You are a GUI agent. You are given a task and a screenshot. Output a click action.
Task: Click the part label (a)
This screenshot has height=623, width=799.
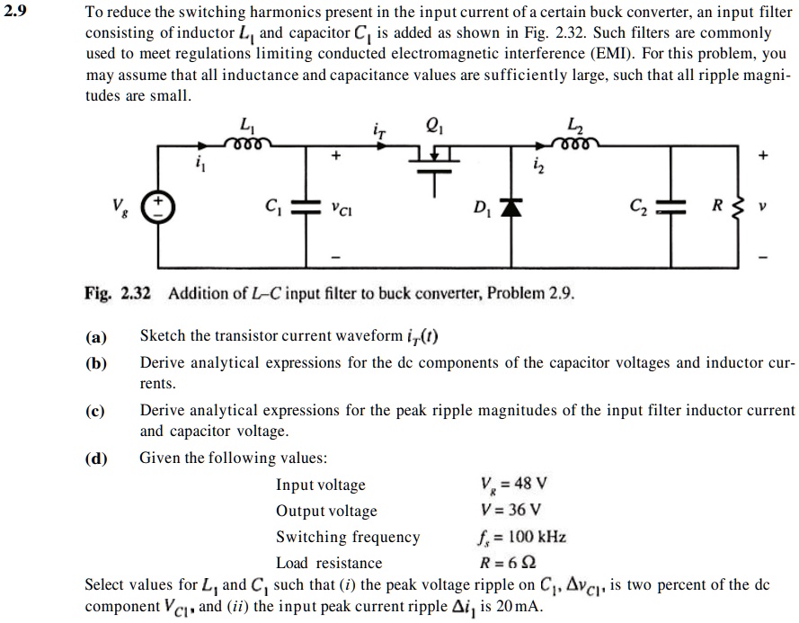[96, 337]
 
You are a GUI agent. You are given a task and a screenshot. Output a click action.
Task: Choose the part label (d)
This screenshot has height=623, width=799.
[96, 458]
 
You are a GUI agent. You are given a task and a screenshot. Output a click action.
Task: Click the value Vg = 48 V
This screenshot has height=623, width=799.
[516, 485]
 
